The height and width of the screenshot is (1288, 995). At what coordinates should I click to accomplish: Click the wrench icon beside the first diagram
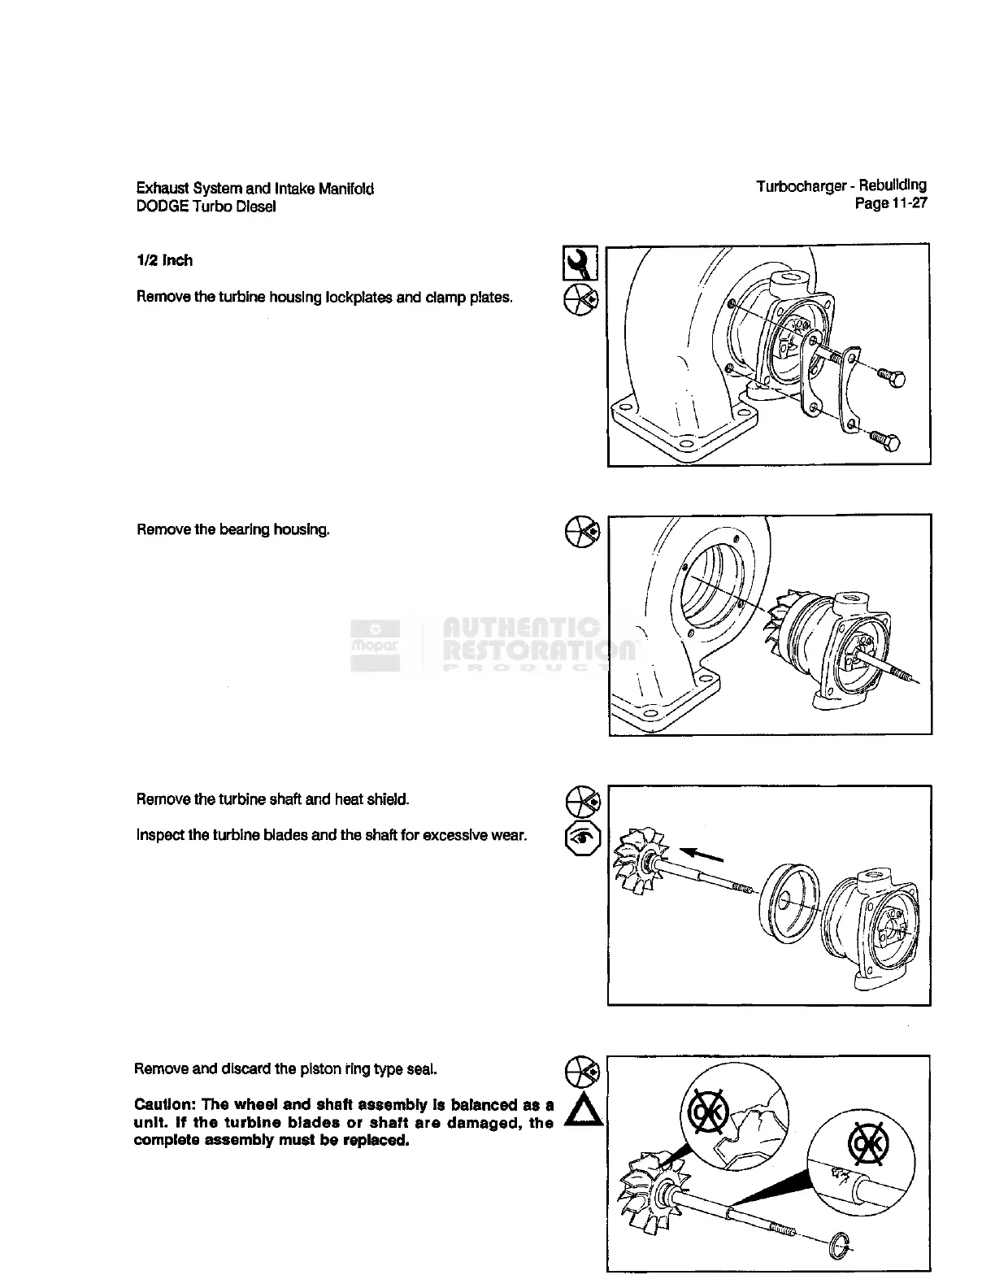[580, 263]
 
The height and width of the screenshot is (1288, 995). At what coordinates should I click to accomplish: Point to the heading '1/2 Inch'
[165, 260]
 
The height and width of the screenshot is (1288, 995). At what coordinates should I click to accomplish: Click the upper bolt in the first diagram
[894, 378]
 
